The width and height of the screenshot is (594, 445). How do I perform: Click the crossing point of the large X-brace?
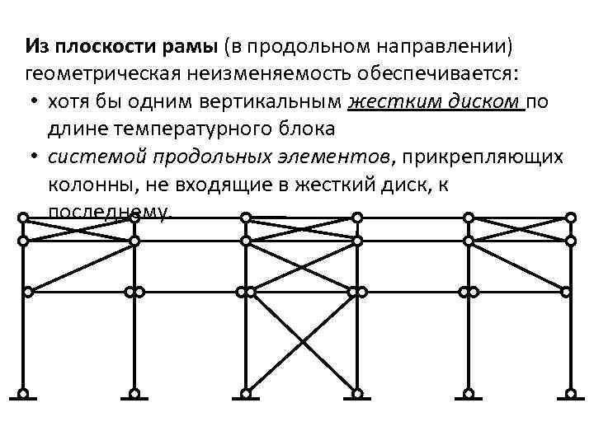click(301, 342)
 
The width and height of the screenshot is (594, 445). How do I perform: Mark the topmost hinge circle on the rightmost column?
click(569, 218)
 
